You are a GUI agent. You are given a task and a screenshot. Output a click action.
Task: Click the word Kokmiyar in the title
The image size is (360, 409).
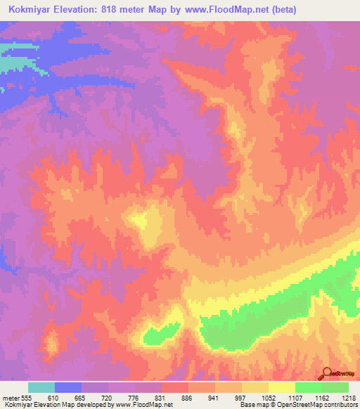pyautogui.click(x=33, y=9)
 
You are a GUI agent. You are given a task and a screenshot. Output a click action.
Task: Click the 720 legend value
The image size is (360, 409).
pyautogui.click(x=108, y=398)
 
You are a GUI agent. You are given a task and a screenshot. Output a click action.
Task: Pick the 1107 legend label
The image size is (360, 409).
pyautogui.click(x=295, y=398)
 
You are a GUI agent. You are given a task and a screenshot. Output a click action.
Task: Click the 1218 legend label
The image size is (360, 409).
pyautogui.click(x=349, y=398)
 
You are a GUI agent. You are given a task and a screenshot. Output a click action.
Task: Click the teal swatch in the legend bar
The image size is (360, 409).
pyautogui.click(x=41, y=387)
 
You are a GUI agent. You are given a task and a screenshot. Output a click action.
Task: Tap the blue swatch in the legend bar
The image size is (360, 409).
pyautogui.click(x=68, y=387)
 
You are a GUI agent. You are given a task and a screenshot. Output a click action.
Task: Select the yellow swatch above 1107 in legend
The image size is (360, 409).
pyautogui.click(x=282, y=387)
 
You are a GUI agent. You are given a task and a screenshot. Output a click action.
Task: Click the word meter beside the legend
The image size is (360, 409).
pyautogui.click(x=11, y=398)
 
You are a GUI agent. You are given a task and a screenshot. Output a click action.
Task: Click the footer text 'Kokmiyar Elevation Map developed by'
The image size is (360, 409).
pyautogui.click(x=42, y=405)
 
